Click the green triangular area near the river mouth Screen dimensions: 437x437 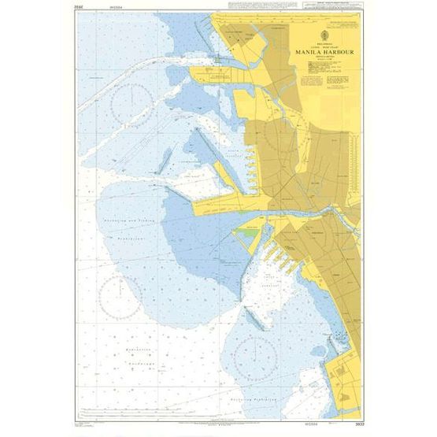(249, 233)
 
